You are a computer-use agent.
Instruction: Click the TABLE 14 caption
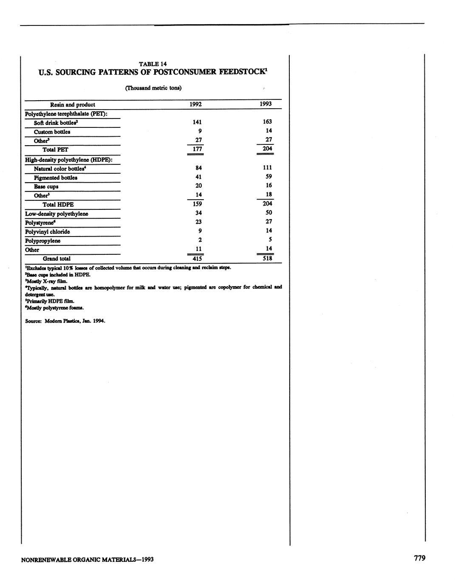[153, 64]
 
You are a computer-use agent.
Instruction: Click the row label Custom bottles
[52, 132]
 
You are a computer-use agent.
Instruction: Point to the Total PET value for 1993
[267, 149]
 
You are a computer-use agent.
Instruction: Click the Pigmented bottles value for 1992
[198, 177]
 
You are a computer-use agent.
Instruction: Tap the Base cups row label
[46, 186]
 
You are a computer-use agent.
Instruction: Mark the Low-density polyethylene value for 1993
[268, 213]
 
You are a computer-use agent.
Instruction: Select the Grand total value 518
[267, 258]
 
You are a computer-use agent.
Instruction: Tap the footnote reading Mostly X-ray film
[46, 281]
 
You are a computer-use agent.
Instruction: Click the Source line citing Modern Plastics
[65, 321]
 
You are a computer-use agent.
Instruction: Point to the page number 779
[419, 558]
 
